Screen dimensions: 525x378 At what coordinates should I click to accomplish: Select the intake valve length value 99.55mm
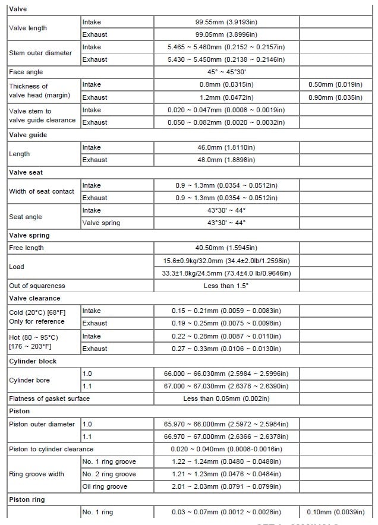[226, 22]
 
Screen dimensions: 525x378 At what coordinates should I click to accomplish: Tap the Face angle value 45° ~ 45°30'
[226, 72]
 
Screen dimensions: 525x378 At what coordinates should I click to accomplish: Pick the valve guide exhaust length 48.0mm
[226, 160]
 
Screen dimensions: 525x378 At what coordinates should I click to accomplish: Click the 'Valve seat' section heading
[26, 172]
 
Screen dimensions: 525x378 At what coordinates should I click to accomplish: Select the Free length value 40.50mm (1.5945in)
[226, 248]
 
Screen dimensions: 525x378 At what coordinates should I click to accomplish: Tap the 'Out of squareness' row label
[37, 286]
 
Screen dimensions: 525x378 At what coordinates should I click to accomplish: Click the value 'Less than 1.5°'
[226, 286]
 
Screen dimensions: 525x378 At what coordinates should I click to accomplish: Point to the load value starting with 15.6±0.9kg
[226, 261]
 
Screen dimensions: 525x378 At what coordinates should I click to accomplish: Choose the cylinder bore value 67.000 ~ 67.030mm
[226, 386]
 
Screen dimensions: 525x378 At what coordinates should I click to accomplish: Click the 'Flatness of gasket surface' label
[49, 399]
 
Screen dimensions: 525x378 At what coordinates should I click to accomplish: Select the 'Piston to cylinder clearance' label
[51, 449]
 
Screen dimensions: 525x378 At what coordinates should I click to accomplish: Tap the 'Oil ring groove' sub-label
[105, 487]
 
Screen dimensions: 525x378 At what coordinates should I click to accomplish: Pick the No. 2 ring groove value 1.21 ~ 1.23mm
[226, 474]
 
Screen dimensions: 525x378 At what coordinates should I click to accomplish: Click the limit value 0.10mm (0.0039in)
[336, 512]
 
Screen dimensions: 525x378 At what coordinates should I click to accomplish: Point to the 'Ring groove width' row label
[37, 474]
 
